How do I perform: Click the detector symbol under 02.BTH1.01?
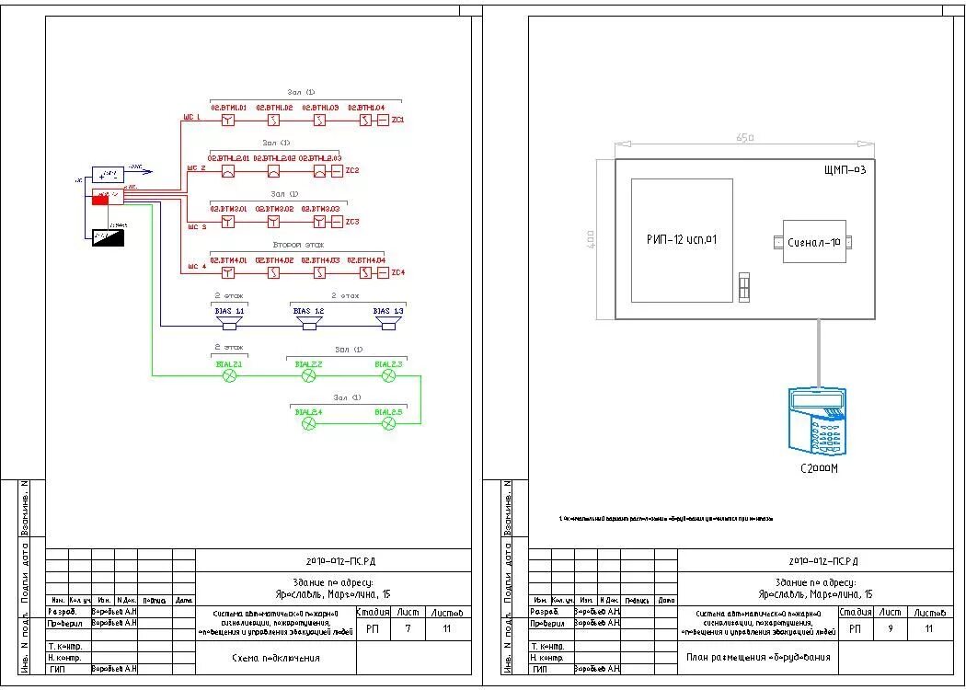(228, 121)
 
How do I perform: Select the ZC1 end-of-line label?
(398, 120)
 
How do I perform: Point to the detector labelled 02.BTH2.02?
(273, 171)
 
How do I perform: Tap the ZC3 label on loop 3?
(352, 222)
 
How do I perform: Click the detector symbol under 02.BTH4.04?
(365, 272)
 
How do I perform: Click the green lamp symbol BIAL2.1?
(230, 375)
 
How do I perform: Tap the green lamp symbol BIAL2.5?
(388, 422)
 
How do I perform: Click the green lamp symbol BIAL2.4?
(309, 422)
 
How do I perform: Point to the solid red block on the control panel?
(99, 201)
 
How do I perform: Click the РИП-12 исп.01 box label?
(682, 240)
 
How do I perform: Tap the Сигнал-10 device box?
(813, 243)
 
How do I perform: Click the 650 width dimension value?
(745, 138)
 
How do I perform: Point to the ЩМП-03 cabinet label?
(845, 170)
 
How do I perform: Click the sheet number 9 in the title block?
(890, 629)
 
